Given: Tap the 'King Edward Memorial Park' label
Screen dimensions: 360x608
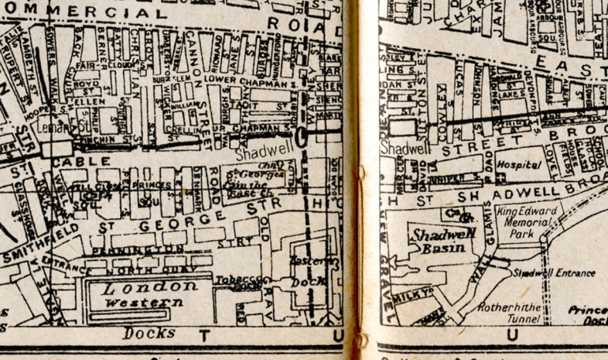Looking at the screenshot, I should tap(531, 223).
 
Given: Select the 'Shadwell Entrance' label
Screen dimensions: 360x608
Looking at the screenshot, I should tap(554, 273).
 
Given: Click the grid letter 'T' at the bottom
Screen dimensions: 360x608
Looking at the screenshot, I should tap(204, 336).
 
